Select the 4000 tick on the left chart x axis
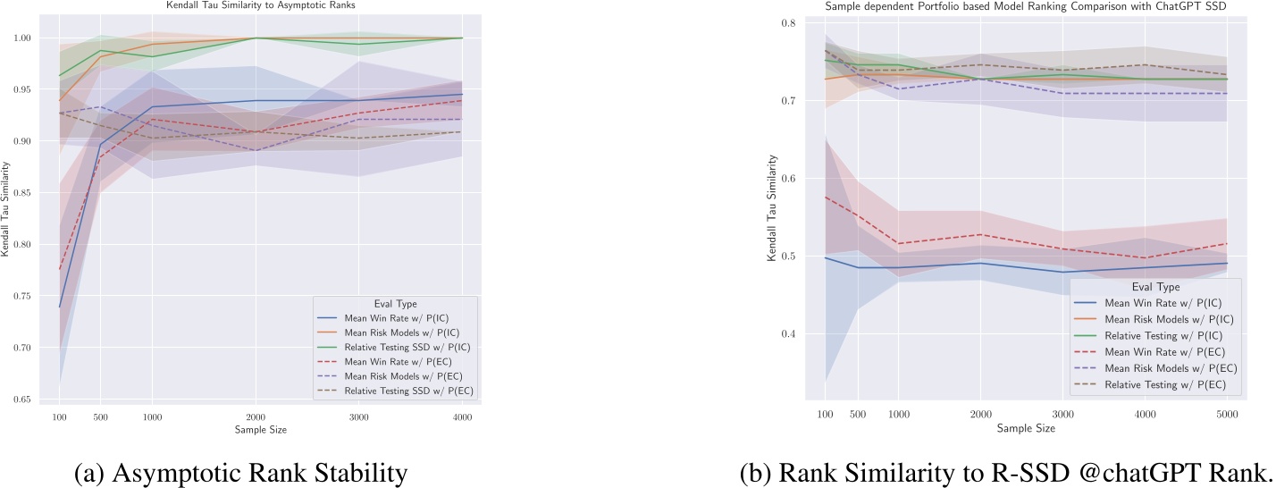[460, 417]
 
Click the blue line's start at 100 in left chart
[59, 307]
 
